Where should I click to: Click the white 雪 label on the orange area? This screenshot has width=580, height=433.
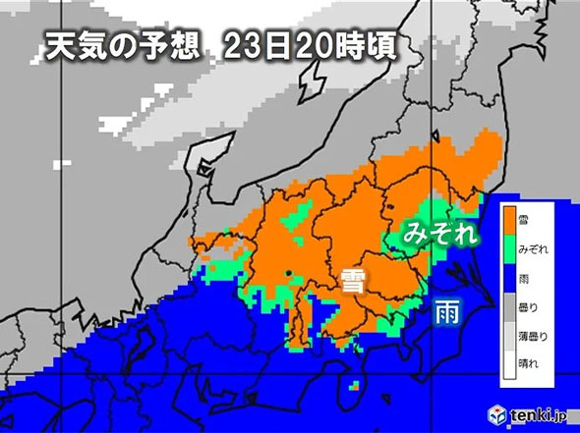tap(352, 282)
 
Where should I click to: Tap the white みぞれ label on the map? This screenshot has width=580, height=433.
tap(441, 234)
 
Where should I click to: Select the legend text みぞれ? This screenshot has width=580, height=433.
tap(535, 244)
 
